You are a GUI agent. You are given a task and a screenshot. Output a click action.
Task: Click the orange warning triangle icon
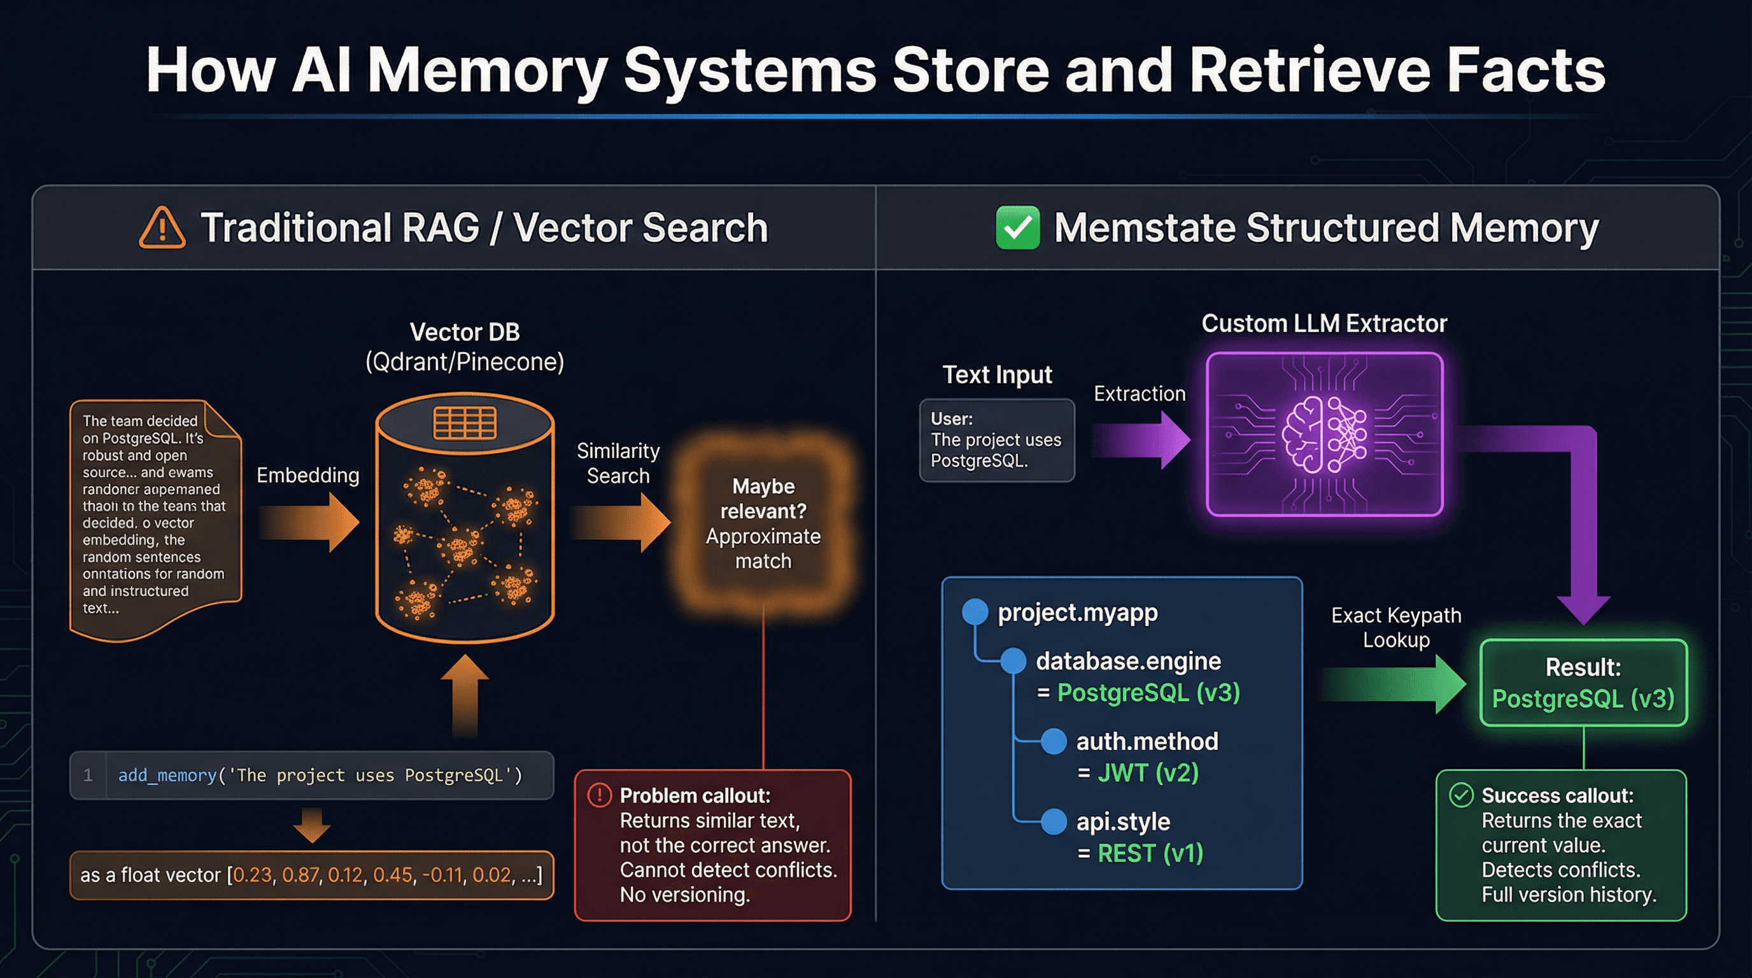point(162,229)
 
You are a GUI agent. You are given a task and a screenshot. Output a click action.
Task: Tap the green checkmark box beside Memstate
point(1017,228)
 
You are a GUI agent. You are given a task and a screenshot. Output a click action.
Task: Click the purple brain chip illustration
point(1324,434)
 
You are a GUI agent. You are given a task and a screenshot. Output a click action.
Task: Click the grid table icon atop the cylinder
point(465,423)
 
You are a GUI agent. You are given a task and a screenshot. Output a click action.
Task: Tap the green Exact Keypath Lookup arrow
point(1394,683)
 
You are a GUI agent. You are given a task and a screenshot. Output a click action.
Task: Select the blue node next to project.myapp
point(975,611)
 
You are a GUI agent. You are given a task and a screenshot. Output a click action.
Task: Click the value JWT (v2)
point(1148,772)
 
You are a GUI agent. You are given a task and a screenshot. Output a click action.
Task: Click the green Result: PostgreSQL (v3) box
point(1583,683)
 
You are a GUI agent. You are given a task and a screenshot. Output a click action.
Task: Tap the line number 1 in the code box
point(88,776)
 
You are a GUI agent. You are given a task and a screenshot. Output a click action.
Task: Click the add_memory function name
point(167,776)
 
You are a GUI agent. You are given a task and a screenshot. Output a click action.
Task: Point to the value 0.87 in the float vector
point(299,875)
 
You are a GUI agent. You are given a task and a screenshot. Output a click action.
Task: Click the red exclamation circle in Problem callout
point(599,795)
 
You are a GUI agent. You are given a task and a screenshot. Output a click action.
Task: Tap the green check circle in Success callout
point(1461,795)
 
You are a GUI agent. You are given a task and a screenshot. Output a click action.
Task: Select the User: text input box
point(996,440)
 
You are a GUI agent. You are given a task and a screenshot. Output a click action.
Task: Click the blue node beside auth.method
point(1054,741)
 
